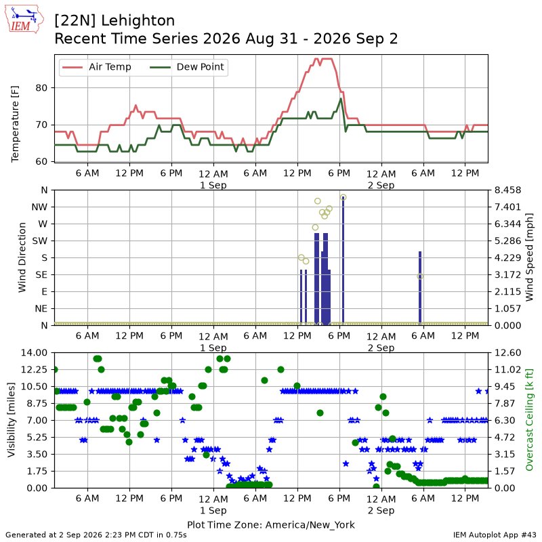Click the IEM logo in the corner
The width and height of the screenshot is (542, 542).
[24, 19]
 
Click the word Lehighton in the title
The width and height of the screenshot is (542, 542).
[138, 21]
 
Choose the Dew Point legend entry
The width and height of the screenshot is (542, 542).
[187, 66]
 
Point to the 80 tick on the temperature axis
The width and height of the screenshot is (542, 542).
[41, 88]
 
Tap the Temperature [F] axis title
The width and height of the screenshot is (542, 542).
[15, 124]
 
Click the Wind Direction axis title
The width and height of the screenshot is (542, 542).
[22, 257]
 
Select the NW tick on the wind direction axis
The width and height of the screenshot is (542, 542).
[39, 207]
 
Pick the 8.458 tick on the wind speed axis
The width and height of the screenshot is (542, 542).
[507, 190]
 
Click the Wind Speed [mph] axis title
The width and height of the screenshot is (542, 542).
[529, 257]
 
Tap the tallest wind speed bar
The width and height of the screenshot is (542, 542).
[343, 261]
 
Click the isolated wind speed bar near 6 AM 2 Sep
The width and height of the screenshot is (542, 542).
[420, 289]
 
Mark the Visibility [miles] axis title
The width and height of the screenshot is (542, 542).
[12, 420]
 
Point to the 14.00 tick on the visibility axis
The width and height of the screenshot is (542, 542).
[34, 353]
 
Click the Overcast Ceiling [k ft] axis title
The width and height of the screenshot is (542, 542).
[529, 420]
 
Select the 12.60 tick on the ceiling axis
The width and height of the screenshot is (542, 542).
[507, 353]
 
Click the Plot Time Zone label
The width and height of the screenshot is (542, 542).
[271, 524]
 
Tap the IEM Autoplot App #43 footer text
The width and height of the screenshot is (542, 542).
[495, 535]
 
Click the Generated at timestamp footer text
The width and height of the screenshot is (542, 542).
[96, 535]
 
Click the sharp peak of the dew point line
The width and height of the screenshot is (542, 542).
[341, 99]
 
